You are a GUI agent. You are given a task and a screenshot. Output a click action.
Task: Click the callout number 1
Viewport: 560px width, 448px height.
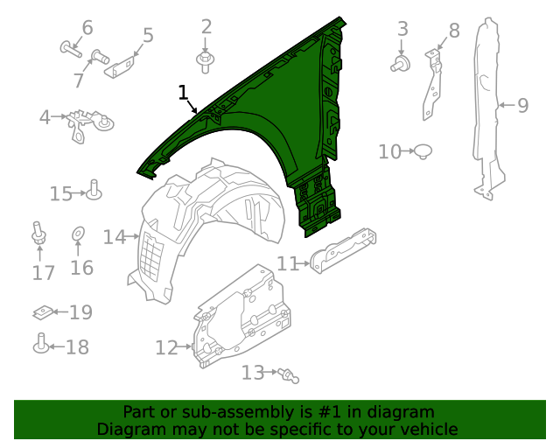[183, 92]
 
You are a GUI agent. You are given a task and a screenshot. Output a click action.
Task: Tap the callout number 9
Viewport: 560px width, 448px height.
[522, 106]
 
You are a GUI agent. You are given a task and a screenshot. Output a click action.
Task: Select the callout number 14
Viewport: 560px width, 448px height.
[115, 236]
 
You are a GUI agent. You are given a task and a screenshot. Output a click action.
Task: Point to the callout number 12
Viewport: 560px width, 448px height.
[166, 347]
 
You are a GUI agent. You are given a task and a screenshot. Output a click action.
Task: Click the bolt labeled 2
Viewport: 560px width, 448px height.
[206, 60]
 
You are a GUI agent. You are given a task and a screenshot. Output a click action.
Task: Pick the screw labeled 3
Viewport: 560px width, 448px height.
[402, 63]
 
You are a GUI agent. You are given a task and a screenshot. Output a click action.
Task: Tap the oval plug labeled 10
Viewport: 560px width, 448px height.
[423, 150]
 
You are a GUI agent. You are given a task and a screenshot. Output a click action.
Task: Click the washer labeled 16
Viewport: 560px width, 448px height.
[77, 234]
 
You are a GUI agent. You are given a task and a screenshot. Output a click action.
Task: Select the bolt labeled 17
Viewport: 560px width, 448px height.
[38, 234]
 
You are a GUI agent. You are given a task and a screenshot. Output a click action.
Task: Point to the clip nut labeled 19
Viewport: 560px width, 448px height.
[40, 311]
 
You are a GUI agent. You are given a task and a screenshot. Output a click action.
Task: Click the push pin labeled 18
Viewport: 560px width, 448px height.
[40, 346]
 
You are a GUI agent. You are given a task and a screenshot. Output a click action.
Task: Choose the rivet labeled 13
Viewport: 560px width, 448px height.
[290, 375]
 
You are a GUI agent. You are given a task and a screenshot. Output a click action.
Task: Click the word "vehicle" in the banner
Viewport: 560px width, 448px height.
[429, 429]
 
